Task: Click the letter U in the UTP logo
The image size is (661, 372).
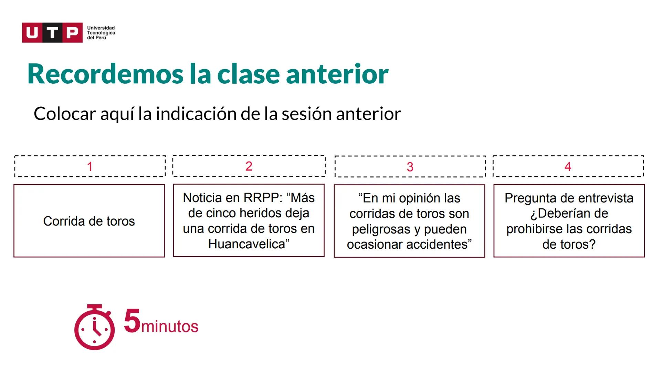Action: coord(32,33)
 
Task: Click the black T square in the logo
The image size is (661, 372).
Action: coord(52,33)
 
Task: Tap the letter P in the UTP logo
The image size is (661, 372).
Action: coord(72,33)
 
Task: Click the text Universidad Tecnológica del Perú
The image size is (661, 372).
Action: coord(101,33)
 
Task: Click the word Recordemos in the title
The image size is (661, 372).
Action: coord(105,74)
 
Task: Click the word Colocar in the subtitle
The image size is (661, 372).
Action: coord(64,114)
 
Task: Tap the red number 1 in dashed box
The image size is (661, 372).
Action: coord(90,167)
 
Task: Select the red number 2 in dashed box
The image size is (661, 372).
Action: coord(249,166)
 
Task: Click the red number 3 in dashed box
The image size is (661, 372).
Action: coord(410,167)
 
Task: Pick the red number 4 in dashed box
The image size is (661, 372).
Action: coord(568,167)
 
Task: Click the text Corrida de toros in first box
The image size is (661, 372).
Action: coord(89,221)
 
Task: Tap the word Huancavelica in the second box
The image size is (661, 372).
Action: coord(246,244)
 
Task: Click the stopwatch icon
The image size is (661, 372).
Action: coord(94,328)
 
